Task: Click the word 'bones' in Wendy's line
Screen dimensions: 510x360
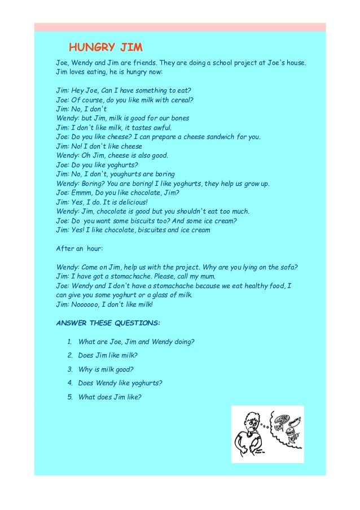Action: pos(177,118)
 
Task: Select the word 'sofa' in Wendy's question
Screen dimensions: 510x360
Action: pos(288,267)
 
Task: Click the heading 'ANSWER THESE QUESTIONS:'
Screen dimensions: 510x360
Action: pos(108,323)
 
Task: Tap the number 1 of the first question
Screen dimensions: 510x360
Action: pos(69,342)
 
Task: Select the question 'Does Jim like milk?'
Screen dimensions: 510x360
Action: pos(108,355)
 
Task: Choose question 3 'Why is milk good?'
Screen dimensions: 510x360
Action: pos(106,369)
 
